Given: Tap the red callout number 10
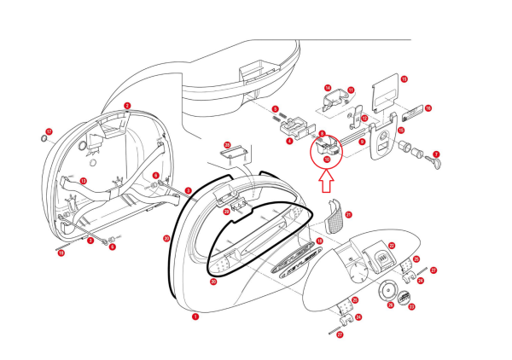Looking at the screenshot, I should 327,159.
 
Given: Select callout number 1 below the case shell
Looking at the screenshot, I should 195,316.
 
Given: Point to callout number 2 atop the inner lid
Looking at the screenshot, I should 127,107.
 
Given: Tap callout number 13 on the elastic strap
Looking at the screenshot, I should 83,181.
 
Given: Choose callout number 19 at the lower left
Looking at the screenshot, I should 61,253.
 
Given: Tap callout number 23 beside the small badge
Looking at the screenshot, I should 411,306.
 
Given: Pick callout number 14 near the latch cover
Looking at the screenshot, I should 327,88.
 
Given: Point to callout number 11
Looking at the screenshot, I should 351,90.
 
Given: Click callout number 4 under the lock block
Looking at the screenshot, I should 289,142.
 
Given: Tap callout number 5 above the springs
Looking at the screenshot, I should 276,108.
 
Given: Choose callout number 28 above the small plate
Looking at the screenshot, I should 227,145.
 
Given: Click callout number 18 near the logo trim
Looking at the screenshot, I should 319,241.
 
